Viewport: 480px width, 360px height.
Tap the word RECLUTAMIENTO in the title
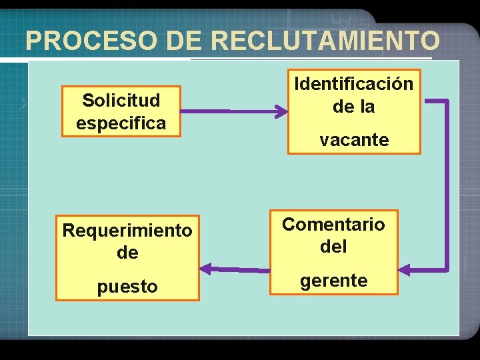pos(325,41)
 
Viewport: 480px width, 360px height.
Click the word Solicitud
pos(121,101)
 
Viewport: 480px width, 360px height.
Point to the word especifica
pos(121,123)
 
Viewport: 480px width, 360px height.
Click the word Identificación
pos(354,84)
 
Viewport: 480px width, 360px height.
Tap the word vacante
pos(354,140)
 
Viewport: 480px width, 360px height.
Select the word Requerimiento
pos(127,231)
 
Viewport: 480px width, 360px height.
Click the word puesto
pos(127,287)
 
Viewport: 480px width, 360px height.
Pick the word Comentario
pos(333,224)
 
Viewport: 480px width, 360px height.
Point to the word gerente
pos(333,281)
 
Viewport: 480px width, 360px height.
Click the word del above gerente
pos(333,247)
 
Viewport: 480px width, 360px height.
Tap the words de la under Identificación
pos(354,107)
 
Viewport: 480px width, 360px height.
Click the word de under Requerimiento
pos(127,253)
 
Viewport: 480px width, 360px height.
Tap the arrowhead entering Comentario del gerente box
pos(405,270)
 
